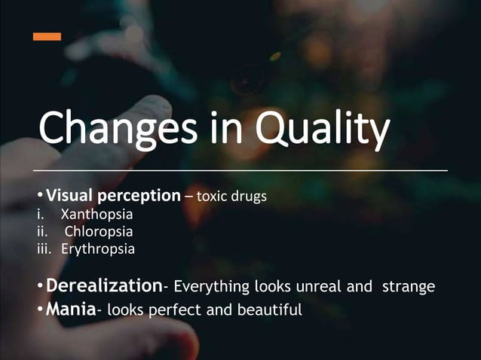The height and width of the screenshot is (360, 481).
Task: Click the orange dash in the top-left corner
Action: click(47, 36)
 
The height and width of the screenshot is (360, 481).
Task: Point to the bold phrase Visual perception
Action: click(113, 196)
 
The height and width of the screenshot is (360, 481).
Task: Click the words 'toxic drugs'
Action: click(233, 197)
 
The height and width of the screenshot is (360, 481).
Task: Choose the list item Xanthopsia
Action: click(97, 214)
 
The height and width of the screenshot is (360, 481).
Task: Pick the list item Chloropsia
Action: click(99, 231)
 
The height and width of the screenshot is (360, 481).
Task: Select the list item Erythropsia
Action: click(98, 249)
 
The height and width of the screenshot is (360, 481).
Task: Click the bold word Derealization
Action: click(105, 286)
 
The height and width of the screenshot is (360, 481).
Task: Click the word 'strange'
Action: click(409, 287)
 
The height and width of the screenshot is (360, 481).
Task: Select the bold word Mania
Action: click(70, 308)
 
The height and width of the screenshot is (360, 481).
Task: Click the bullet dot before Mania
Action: click(41, 309)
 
